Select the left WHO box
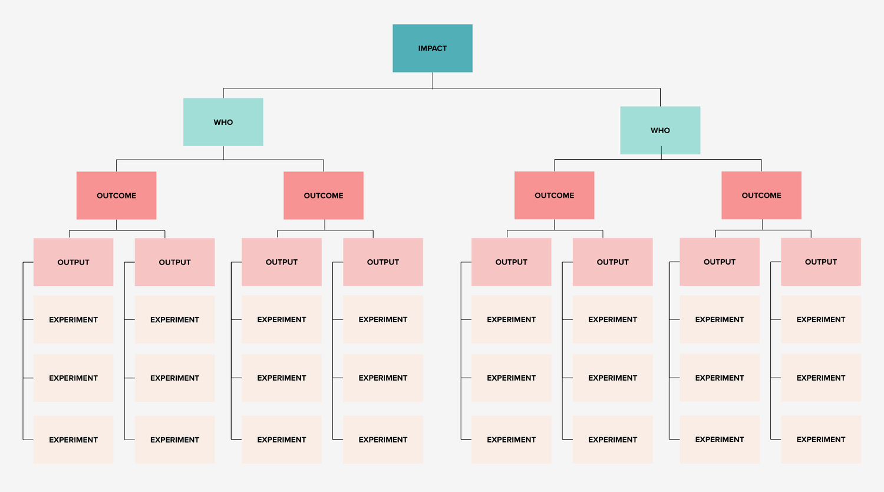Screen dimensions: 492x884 pyautogui.click(x=223, y=122)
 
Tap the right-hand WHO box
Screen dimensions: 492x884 pyautogui.click(x=660, y=130)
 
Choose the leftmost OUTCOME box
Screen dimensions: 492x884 pyautogui.click(x=116, y=196)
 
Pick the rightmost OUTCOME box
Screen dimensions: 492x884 pyautogui.click(x=761, y=196)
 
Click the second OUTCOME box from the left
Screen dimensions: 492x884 pyautogui.click(x=324, y=196)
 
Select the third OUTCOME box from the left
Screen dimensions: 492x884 pyautogui.click(x=554, y=196)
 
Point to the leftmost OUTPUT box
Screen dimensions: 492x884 pyautogui.click(x=73, y=262)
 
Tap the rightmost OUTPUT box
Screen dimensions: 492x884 pyautogui.click(x=821, y=262)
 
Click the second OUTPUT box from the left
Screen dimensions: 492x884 pyautogui.click(x=174, y=262)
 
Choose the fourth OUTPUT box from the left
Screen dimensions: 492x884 pyautogui.click(x=383, y=262)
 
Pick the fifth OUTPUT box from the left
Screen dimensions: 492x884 pyautogui.click(x=511, y=262)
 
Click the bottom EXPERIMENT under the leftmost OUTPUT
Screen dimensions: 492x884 pyautogui.click(x=73, y=440)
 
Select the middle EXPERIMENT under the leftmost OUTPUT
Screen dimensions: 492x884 pyautogui.click(x=73, y=378)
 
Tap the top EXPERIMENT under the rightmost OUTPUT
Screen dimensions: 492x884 pyautogui.click(x=821, y=319)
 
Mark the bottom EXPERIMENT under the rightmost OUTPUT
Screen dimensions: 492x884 pyautogui.click(x=821, y=440)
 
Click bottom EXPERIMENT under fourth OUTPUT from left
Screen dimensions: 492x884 pyautogui.click(x=383, y=440)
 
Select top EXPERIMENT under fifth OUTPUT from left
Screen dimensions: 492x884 pyautogui.click(x=511, y=319)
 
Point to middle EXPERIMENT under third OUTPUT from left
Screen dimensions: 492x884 pyautogui.click(x=282, y=378)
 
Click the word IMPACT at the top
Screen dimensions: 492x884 pyautogui.click(x=432, y=48)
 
